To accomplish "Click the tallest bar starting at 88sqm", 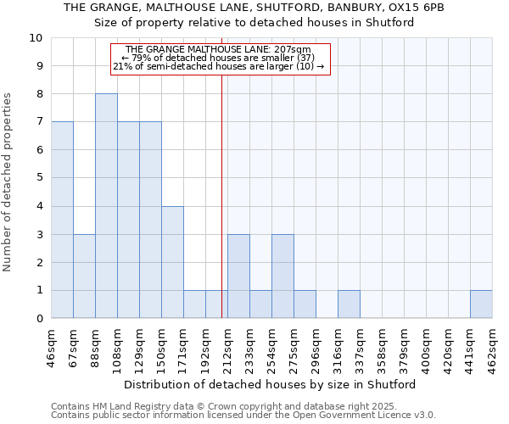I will pyautogui.click(x=106, y=206).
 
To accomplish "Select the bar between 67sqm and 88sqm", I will pyautogui.click(x=84, y=276).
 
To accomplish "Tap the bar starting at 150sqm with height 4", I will pyautogui.click(x=172, y=262).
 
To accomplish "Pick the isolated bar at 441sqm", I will pyautogui.click(x=481, y=304).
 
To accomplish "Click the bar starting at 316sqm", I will pyautogui.click(x=349, y=304).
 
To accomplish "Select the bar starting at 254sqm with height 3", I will pyautogui.click(x=282, y=276).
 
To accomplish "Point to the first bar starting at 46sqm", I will pyautogui.click(x=62, y=220).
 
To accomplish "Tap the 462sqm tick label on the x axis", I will pyautogui.click(x=492, y=349).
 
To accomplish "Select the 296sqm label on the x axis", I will pyautogui.click(x=316, y=349).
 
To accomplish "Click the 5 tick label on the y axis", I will pyautogui.click(x=39, y=178).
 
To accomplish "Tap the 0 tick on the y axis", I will pyautogui.click(x=39, y=319).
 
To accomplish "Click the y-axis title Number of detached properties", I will pyautogui.click(x=8, y=183).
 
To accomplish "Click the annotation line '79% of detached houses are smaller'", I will pyautogui.click(x=220, y=58).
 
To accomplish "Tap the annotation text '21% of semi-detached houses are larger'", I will pyautogui.click(x=220, y=66).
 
